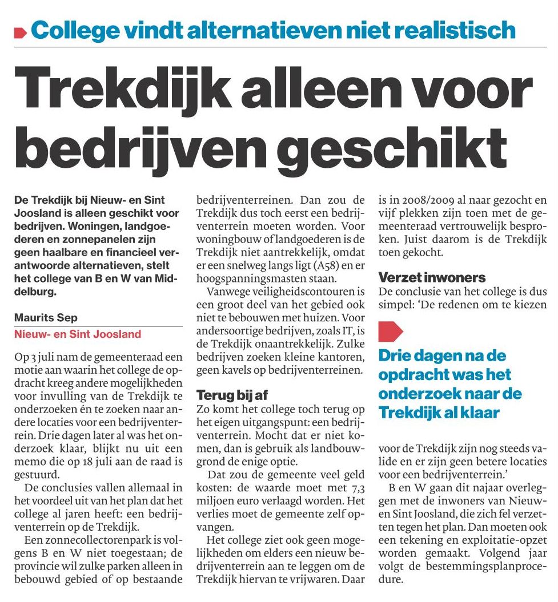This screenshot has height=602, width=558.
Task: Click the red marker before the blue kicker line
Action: (21, 33)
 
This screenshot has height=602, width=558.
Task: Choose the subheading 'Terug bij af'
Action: (232, 395)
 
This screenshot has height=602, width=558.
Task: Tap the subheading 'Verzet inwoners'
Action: (432, 278)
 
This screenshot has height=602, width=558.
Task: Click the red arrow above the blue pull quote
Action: (391, 331)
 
